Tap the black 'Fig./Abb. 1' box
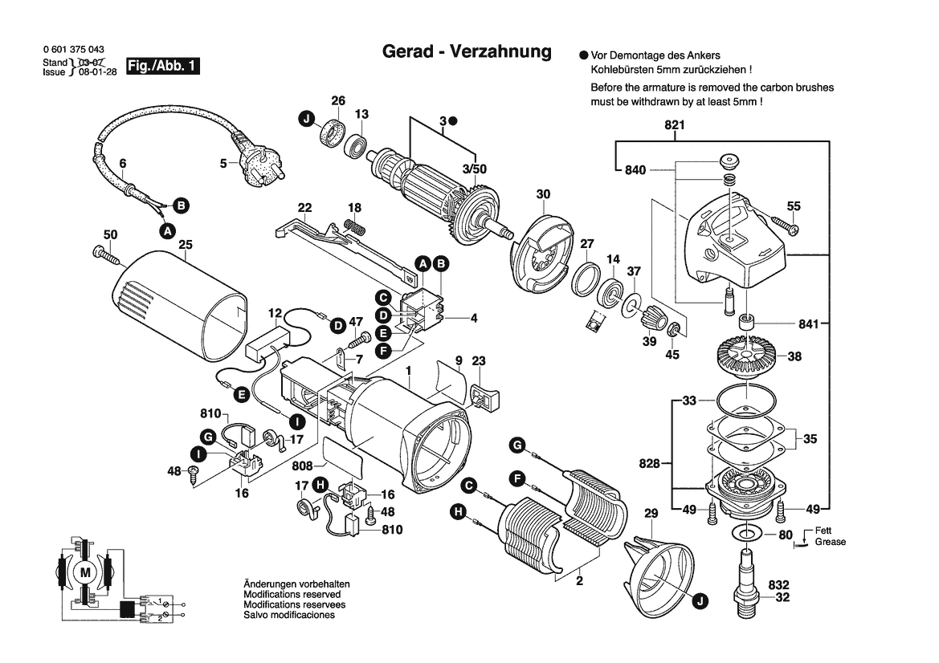163,67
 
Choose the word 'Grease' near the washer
830,542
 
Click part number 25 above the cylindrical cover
186,244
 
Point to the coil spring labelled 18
354,227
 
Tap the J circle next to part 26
305,120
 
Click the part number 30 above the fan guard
544,194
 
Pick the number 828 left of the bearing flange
649,464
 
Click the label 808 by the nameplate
303,466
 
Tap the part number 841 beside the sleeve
808,324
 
